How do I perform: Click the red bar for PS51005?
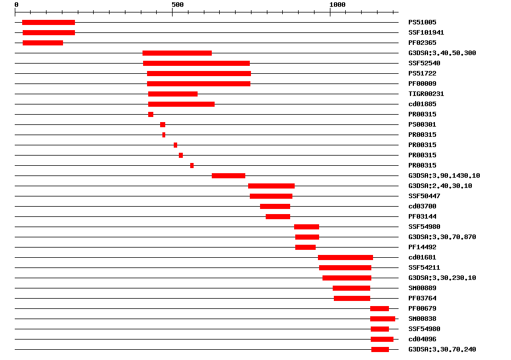48,22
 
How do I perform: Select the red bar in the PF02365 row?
43,43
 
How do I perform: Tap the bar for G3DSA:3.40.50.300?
177,53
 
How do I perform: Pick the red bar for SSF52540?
196,63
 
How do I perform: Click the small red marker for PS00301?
162,124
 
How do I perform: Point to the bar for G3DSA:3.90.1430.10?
228,175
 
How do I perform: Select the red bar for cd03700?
275,206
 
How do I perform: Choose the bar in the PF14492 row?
305,247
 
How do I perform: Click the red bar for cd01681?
345,257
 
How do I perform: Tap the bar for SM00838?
383,319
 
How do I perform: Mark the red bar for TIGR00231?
173,94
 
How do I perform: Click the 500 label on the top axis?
177,5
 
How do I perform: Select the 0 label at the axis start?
16,5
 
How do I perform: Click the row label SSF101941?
426,32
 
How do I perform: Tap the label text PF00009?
422,83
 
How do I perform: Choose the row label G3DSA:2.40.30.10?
440,186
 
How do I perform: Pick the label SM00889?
422,288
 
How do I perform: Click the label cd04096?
422,339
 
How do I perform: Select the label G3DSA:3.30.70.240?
442,349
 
